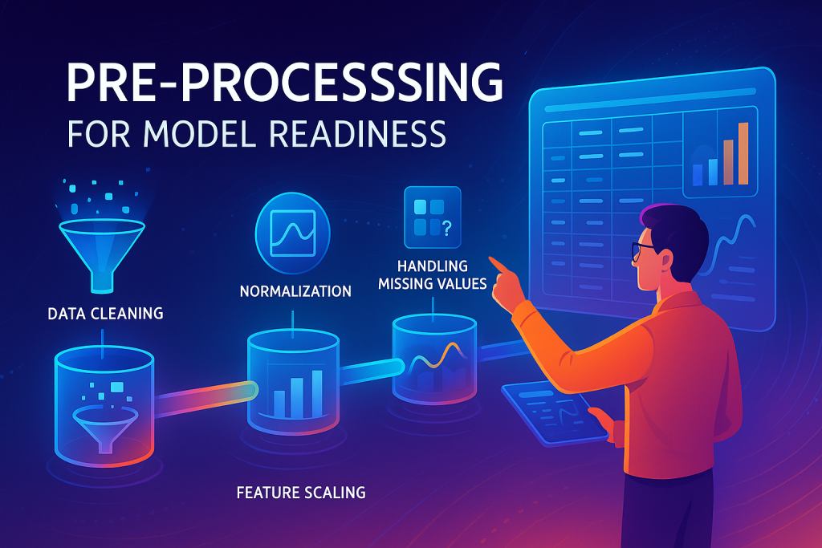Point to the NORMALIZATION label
pyautogui.click(x=295, y=291)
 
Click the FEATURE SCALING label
pyautogui.click(x=301, y=491)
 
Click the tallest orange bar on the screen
pyautogui.click(x=743, y=153)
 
